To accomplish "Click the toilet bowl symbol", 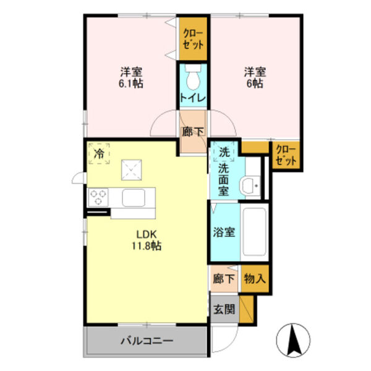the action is tap(193, 77).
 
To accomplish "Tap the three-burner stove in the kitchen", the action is tap(98, 197).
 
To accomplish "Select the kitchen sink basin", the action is tap(134, 198).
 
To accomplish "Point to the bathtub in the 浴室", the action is tap(254, 232).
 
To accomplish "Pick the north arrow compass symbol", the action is tap(293, 340).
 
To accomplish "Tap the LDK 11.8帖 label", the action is tap(147, 240).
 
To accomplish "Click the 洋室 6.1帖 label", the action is tap(131, 78).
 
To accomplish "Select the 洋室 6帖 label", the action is tap(255, 78).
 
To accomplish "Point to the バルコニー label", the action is tap(147, 341).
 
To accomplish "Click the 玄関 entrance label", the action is tap(224, 309).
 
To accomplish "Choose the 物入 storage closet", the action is tap(255, 278).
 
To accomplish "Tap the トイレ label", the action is tap(193, 98).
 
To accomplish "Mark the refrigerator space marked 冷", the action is tap(99, 153).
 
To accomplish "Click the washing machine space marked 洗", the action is tap(224, 152).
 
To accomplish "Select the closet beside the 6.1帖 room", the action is tap(193, 38).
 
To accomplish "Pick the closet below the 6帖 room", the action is tap(286, 155).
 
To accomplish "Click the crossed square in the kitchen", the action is tap(132, 170).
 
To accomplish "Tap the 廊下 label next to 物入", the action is tap(224, 278).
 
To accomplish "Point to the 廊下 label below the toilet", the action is tap(193, 132).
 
